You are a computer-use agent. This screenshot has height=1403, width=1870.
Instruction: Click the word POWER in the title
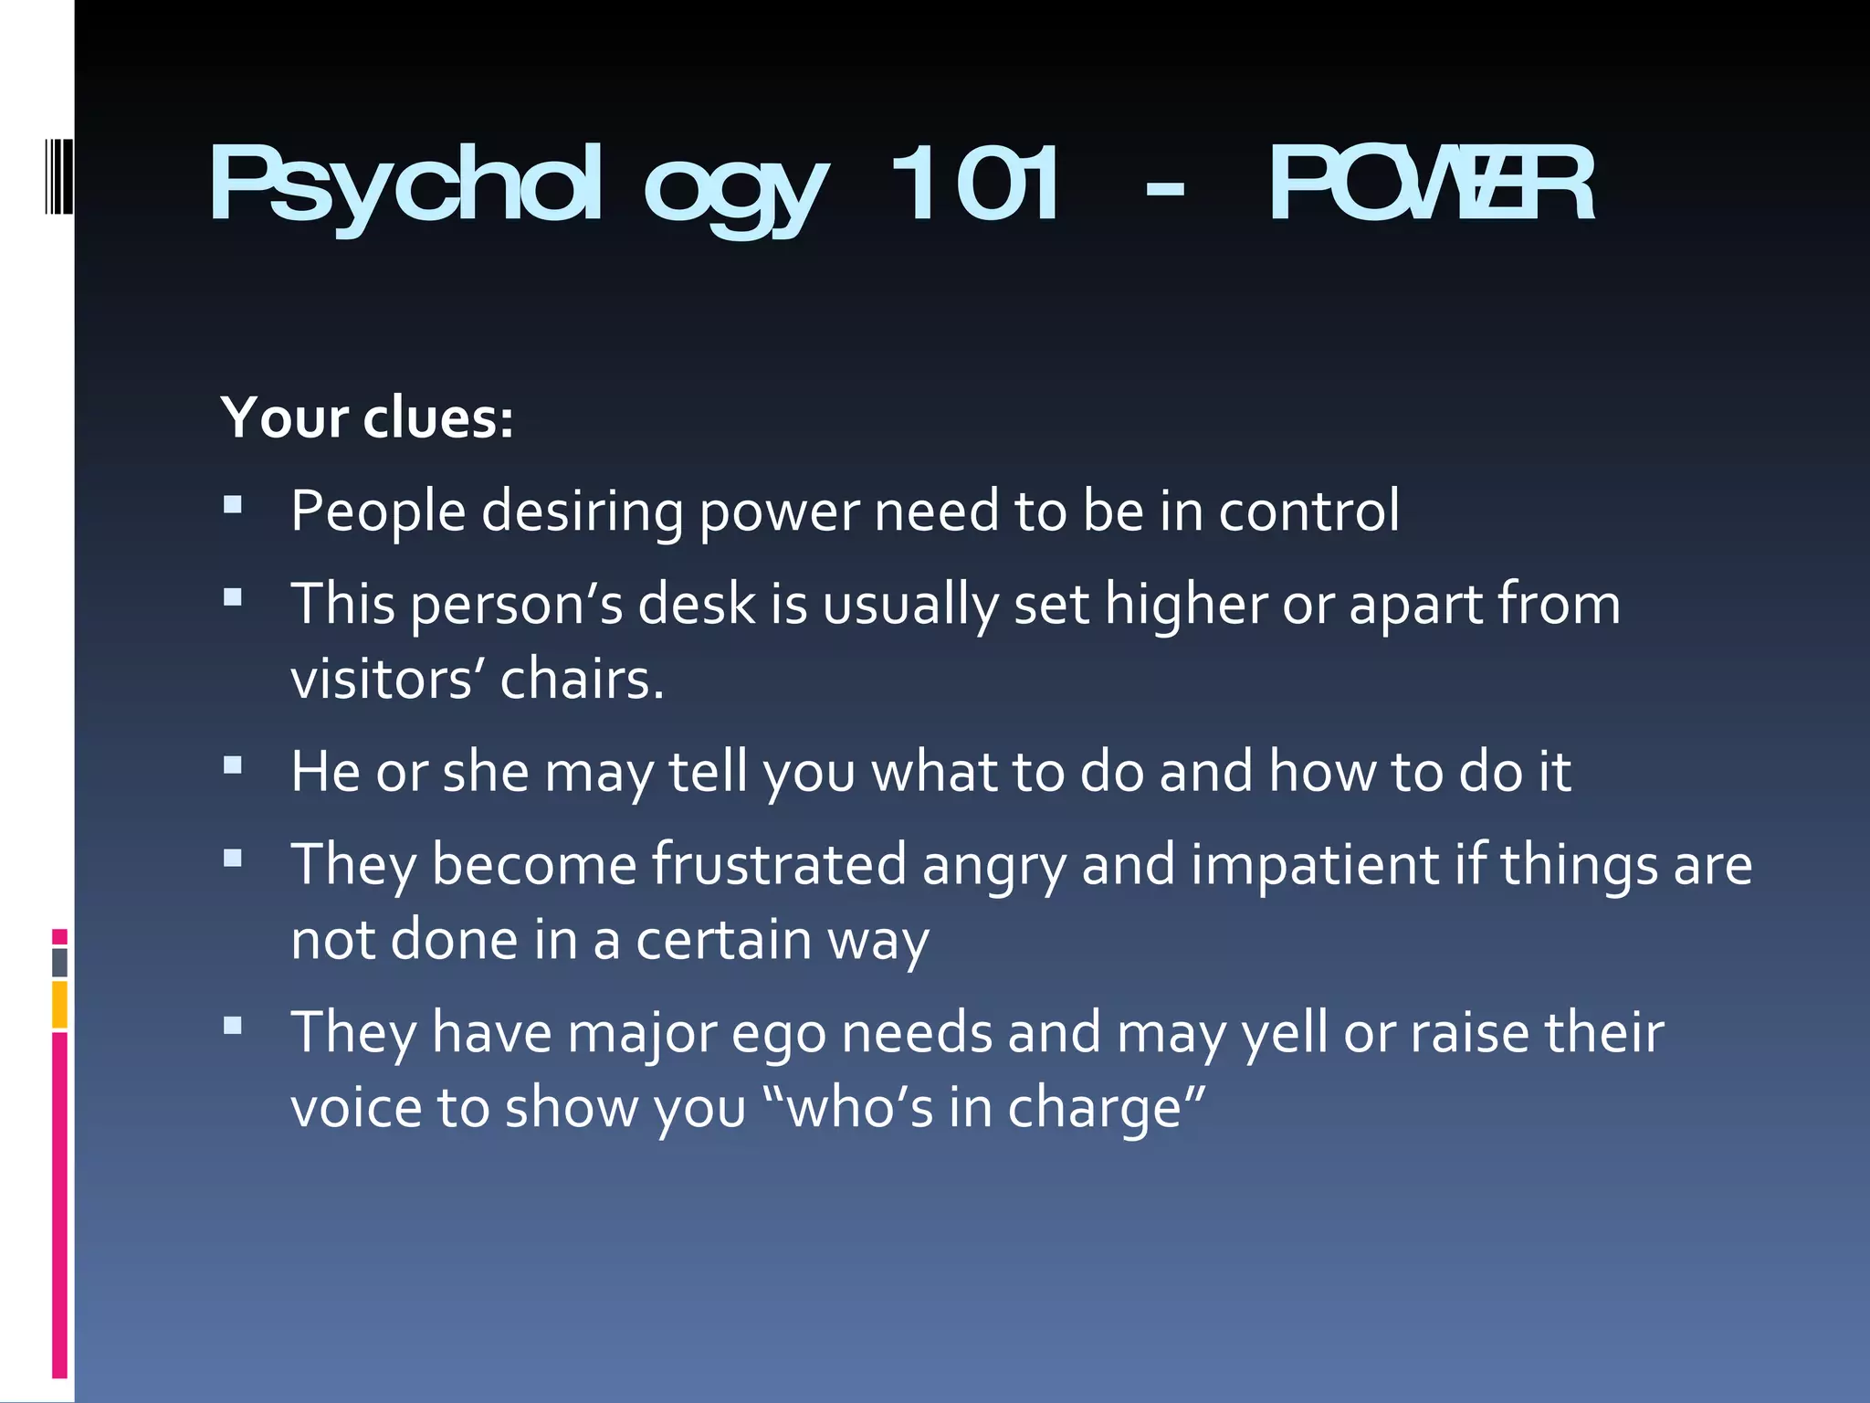tap(1432, 185)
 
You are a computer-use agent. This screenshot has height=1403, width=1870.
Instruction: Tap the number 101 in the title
tap(975, 185)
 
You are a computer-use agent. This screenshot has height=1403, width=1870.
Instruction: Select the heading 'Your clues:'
tap(367, 418)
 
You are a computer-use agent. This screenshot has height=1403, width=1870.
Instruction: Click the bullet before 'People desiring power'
tap(233, 504)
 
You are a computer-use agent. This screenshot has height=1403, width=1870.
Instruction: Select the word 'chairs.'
tap(582, 680)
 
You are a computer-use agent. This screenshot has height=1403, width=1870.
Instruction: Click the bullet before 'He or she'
tap(233, 765)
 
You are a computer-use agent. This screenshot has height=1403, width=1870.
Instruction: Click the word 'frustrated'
tap(779, 865)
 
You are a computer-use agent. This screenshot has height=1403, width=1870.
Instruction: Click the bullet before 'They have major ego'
tap(233, 1026)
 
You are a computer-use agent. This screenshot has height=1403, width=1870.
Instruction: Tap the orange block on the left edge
tap(59, 1005)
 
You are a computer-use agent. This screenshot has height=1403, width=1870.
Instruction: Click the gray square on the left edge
tap(59, 962)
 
